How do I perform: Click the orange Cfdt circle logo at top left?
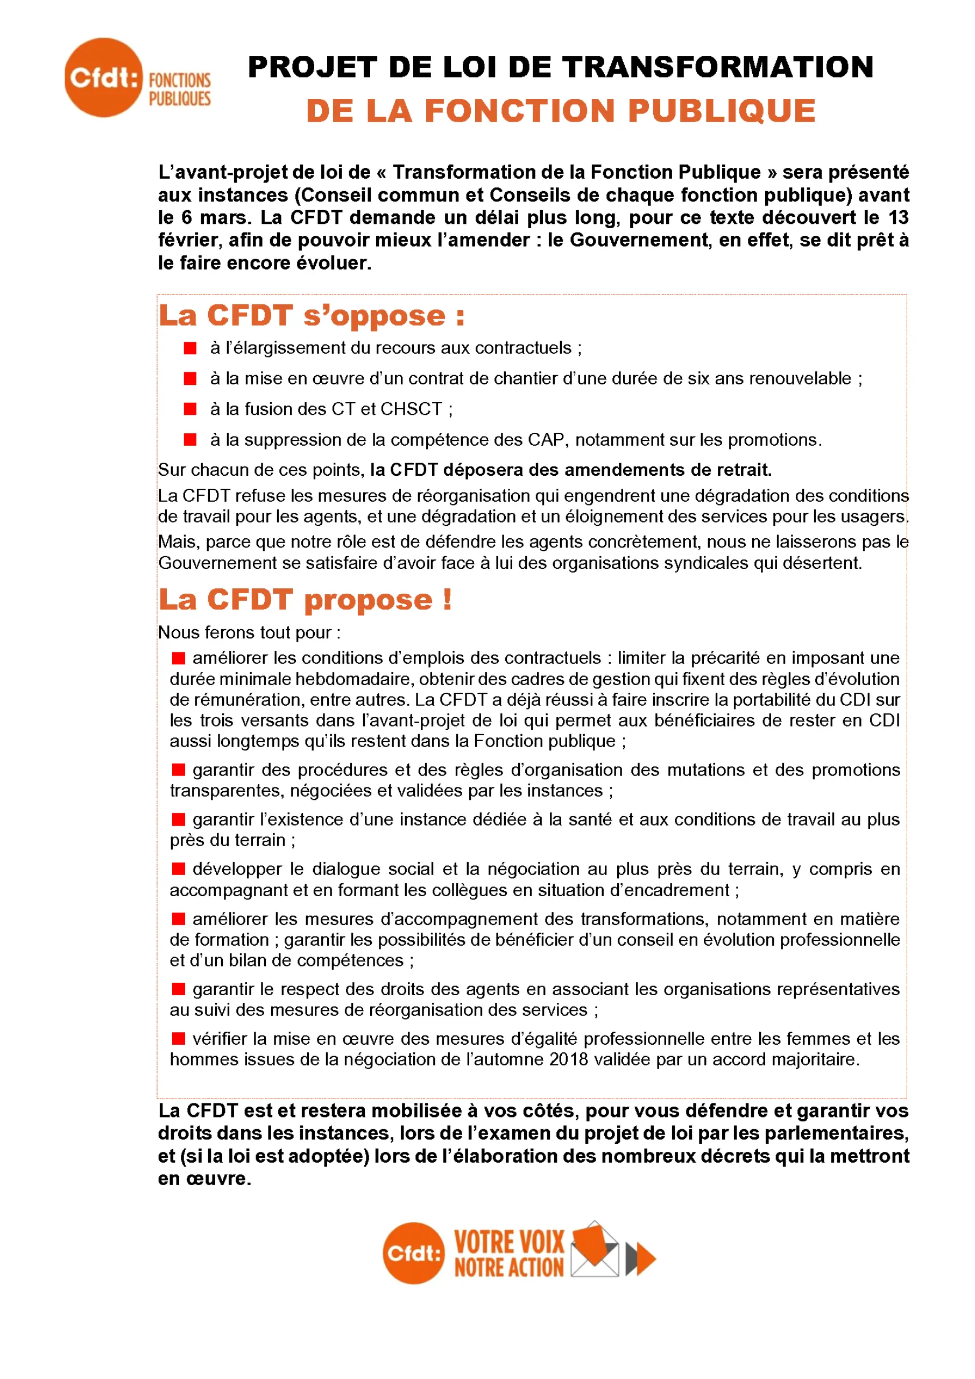[103, 78]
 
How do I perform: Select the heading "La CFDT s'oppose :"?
[312, 316]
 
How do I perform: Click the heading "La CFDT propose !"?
[305, 600]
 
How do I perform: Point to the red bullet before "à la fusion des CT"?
[190, 409]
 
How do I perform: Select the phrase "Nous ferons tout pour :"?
[249, 632]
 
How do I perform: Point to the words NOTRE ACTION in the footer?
[509, 1268]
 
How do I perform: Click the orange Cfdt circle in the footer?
[414, 1254]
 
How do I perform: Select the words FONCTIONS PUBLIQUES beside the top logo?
[180, 89]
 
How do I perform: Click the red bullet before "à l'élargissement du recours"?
[190, 348]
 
